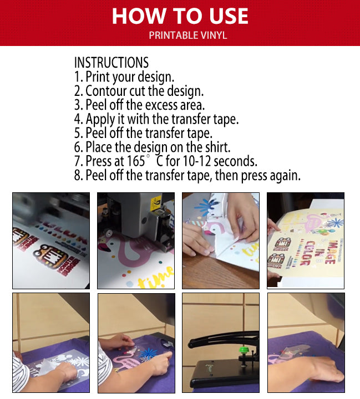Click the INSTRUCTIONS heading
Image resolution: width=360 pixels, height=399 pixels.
click(111, 62)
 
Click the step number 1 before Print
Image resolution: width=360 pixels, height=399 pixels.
click(77, 76)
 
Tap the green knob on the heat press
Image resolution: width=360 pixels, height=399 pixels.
click(242, 350)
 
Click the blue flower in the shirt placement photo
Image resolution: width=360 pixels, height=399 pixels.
click(148, 353)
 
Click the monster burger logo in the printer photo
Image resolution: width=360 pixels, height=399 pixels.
click(50, 260)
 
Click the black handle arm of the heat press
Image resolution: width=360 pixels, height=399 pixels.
click(219, 338)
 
